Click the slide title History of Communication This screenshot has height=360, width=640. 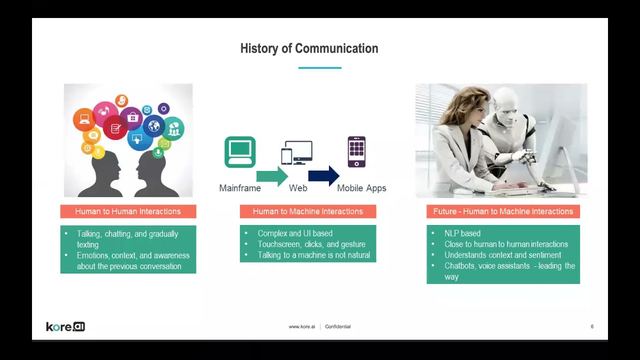pyautogui.click(x=309, y=48)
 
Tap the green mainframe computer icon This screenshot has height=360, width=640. pyautogui.click(x=240, y=152)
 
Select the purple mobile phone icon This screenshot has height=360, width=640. pyautogui.click(x=356, y=151)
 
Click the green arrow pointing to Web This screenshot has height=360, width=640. pyautogui.click(x=272, y=176)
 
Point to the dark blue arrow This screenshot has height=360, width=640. pyautogui.click(x=323, y=176)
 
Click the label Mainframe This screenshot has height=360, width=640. pyautogui.click(x=240, y=188)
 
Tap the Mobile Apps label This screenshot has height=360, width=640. pyautogui.click(x=361, y=188)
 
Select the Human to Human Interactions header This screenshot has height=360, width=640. pyautogui.click(x=128, y=211)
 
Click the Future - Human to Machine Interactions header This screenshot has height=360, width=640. pyautogui.click(x=503, y=211)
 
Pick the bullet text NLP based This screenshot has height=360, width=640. pyautogui.click(x=462, y=233)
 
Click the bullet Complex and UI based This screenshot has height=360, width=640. pyautogui.click(x=295, y=233)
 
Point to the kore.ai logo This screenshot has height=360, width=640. pyautogui.click(x=65, y=326)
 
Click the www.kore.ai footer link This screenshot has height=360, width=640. pyautogui.click(x=301, y=326)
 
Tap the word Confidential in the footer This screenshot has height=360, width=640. pyautogui.click(x=337, y=326)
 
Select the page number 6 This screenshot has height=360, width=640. pyautogui.click(x=592, y=326)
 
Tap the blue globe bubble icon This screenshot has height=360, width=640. pyautogui.click(x=154, y=125)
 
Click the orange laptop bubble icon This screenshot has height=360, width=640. pyautogui.click(x=84, y=119)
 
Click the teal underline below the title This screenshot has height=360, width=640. pyautogui.click(x=319, y=67)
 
